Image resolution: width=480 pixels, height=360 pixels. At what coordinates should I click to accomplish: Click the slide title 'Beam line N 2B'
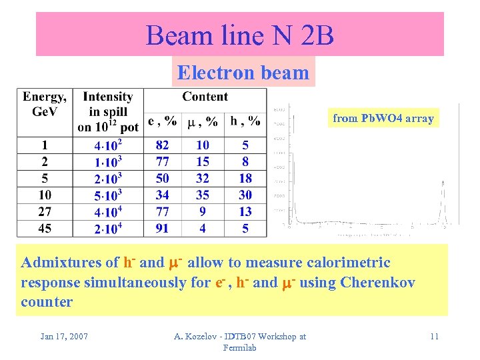(x=239, y=35)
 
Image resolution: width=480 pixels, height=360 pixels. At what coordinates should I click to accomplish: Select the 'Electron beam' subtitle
(x=243, y=73)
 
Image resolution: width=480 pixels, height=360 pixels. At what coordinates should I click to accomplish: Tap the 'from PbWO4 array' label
(x=383, y=119)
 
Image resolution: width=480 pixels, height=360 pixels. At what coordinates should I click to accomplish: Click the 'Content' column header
(x=205, y=97)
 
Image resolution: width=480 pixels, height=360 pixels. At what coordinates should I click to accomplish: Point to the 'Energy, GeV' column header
(x=45, y=104)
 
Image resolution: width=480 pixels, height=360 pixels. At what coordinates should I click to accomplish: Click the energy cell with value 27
(x=45, y=211)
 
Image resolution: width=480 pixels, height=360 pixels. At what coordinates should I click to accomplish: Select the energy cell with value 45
(x=45, y=228)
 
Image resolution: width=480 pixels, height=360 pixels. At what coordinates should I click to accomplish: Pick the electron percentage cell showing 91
(x=162, y=228)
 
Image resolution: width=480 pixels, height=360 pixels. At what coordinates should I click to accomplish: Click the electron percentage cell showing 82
(x=162, y=145)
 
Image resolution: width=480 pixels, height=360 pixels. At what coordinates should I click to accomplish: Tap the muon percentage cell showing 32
(x=203, y=178)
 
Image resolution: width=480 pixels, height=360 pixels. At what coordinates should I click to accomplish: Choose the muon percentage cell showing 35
(x=203, y=195)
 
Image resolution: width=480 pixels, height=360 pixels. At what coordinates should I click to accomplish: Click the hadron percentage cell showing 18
(x=245, y=178)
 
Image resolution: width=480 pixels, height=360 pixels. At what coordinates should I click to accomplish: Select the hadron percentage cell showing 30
(x=245, y=195)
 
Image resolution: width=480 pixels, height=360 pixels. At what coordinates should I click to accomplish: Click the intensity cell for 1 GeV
(x=107, y=145)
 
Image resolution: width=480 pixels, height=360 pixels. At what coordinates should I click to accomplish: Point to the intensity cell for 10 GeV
(x=107, y=195)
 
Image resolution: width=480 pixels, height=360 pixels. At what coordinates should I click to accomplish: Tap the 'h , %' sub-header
(x=245, y=121)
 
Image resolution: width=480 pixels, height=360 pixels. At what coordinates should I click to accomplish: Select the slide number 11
(x=434, y=336)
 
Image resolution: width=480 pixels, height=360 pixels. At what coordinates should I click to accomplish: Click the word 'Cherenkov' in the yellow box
(x=377, y=282)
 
